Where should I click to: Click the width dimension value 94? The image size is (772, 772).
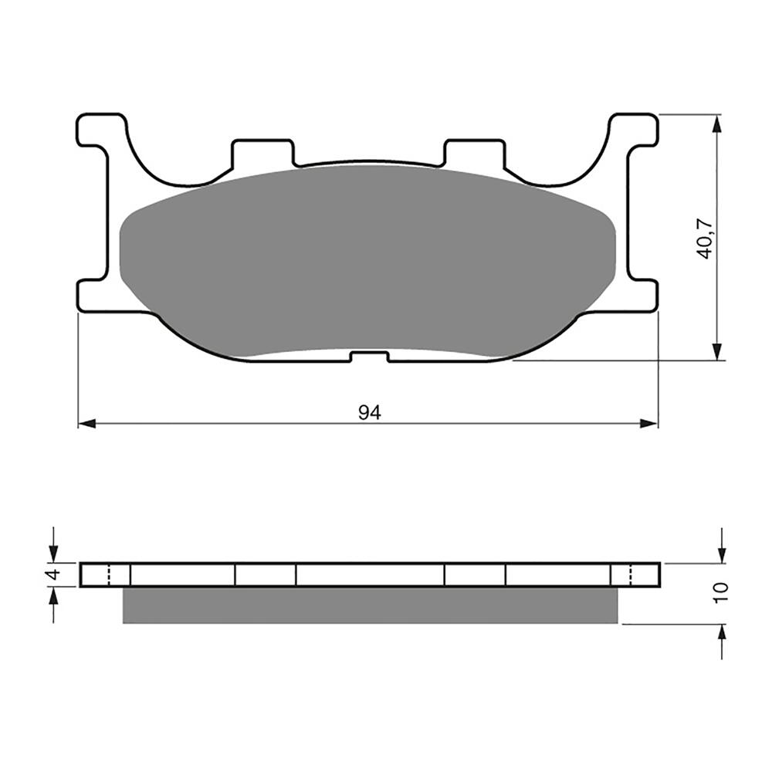[x=370, y=413]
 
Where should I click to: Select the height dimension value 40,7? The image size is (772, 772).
[x=704, y=237]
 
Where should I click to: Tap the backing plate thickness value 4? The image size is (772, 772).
[x=52, y=575]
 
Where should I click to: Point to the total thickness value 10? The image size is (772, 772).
[x=721, y=592]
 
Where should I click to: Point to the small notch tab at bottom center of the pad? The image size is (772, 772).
[x=369, y=357]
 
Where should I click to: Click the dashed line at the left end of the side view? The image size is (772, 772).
[x=109, y=575]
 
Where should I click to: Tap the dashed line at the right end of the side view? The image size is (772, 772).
[x=632, y=575]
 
